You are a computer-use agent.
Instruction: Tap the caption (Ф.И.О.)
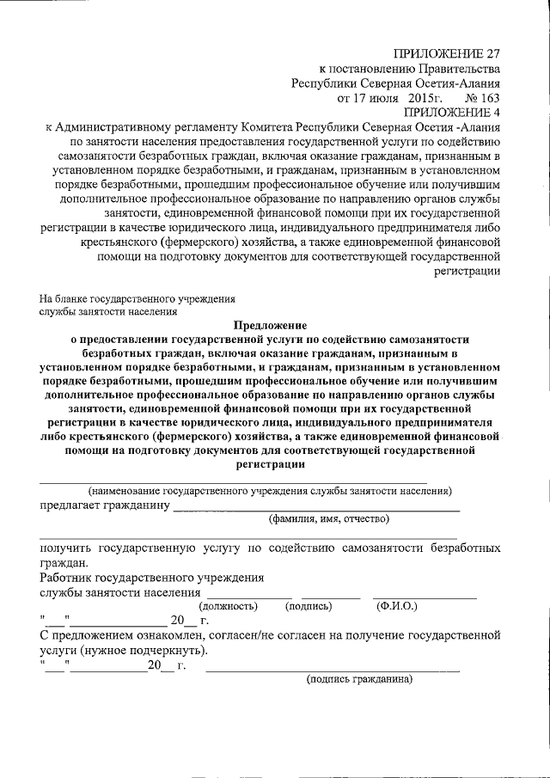pyautogui.click(x=397, y=606)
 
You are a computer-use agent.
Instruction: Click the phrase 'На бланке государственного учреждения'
pyautogui.click(x=137, y=298)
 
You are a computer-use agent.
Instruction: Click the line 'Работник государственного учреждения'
pyautogui.click(x=151, y=578)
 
